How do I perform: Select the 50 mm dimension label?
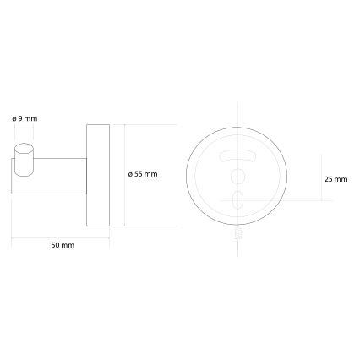tap(63, 245)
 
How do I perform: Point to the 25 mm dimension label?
tap(335, 179)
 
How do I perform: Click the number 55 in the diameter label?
tap(140, 174)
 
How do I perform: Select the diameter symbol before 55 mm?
tap(130, 174)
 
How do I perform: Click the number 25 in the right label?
tap(329, 179)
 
